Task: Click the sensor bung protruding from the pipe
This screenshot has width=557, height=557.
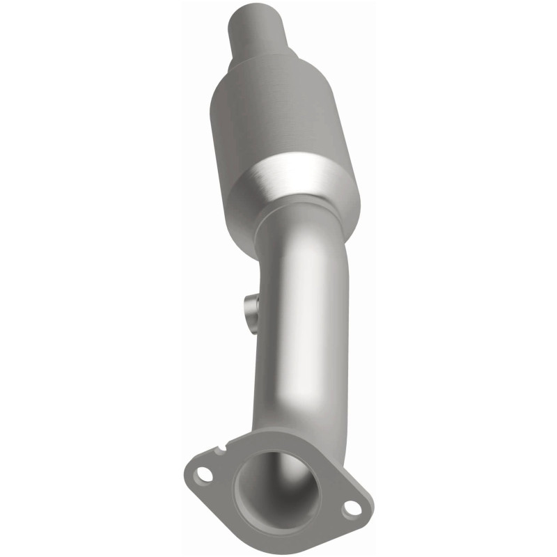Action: pos(249,307)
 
